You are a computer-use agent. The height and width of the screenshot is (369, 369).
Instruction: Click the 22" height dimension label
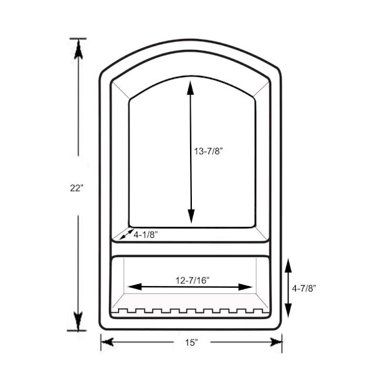click(x=77, y=188)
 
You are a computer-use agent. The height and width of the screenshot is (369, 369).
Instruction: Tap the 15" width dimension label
click(x=191, y=343)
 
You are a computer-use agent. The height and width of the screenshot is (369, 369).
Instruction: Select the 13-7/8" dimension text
click(x=208, y=151)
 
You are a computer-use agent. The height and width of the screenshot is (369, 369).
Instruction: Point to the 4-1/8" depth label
click(x=145, y=235)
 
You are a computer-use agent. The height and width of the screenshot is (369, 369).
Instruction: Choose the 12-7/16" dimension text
click(x=192, y=280)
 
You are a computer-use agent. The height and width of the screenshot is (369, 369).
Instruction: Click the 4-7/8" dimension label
click(x=304, y=288)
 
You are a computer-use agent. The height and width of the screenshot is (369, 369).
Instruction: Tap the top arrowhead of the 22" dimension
click(x=78, y=50)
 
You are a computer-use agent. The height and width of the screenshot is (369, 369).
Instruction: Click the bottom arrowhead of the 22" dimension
click(x=78, y=320)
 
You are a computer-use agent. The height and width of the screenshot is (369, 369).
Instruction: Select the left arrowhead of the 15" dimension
click(x=108, y=342)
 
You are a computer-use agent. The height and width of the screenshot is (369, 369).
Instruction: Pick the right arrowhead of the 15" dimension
click(x=276, y=342)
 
